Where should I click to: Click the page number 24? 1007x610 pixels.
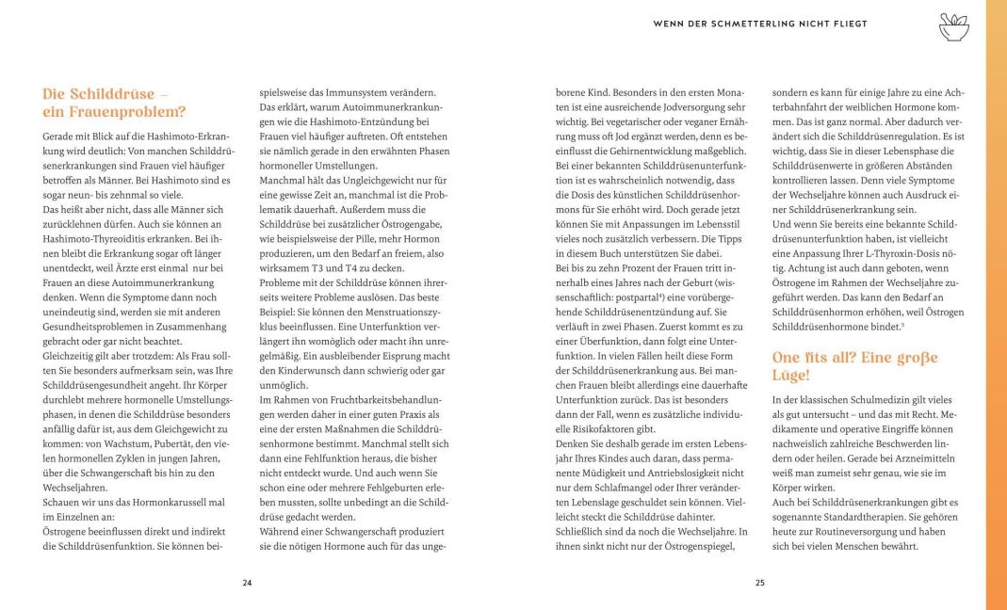coord(247,583)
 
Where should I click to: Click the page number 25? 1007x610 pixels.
coord(759,583)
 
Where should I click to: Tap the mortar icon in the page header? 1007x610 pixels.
coord(953,27)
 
